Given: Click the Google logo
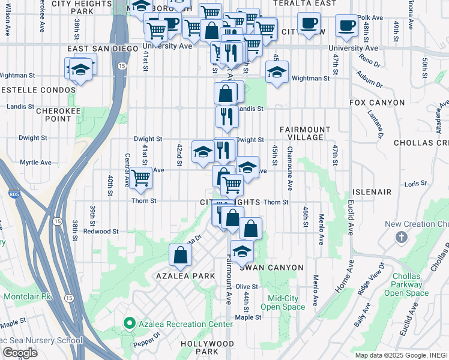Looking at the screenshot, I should pyautogui.click(x=19, y=353).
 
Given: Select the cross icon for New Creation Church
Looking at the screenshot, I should pyautogui.click(x=402, y=238).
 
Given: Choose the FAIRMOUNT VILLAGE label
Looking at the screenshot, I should pyautogui.click(x=305, y=133).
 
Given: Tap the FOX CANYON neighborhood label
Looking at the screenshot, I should pyautogui.click(x=378, y=103).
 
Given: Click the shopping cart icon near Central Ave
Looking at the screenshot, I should pyautogui.click(x=140, y=178).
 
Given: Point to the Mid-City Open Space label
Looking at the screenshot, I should pyautogui.click(x=286, y=302).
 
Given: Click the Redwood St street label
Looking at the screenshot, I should pyautogui.click(x=100, y=231).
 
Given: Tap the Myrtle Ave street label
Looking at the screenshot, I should pyautogui.click(x=35, y=162).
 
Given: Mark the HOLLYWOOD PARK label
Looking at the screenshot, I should pyautogui.click(x=207, y=347).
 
